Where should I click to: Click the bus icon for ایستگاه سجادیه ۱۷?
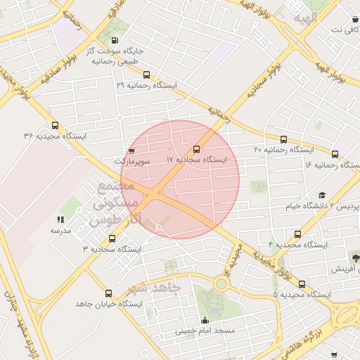[195, 149]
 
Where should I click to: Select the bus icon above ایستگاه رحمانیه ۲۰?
[283, 139]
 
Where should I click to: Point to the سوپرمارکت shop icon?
[131, 151]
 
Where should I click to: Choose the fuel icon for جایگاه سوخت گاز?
[115, 41]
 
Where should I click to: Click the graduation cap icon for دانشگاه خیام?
[322, 195]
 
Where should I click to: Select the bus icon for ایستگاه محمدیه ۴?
[297, 234]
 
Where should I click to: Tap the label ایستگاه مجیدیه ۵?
[302, 294]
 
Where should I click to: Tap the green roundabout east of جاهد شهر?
[221, 284]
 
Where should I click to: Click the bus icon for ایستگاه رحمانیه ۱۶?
[335, 154]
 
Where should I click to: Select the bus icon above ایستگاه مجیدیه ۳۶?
[55, 125]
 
